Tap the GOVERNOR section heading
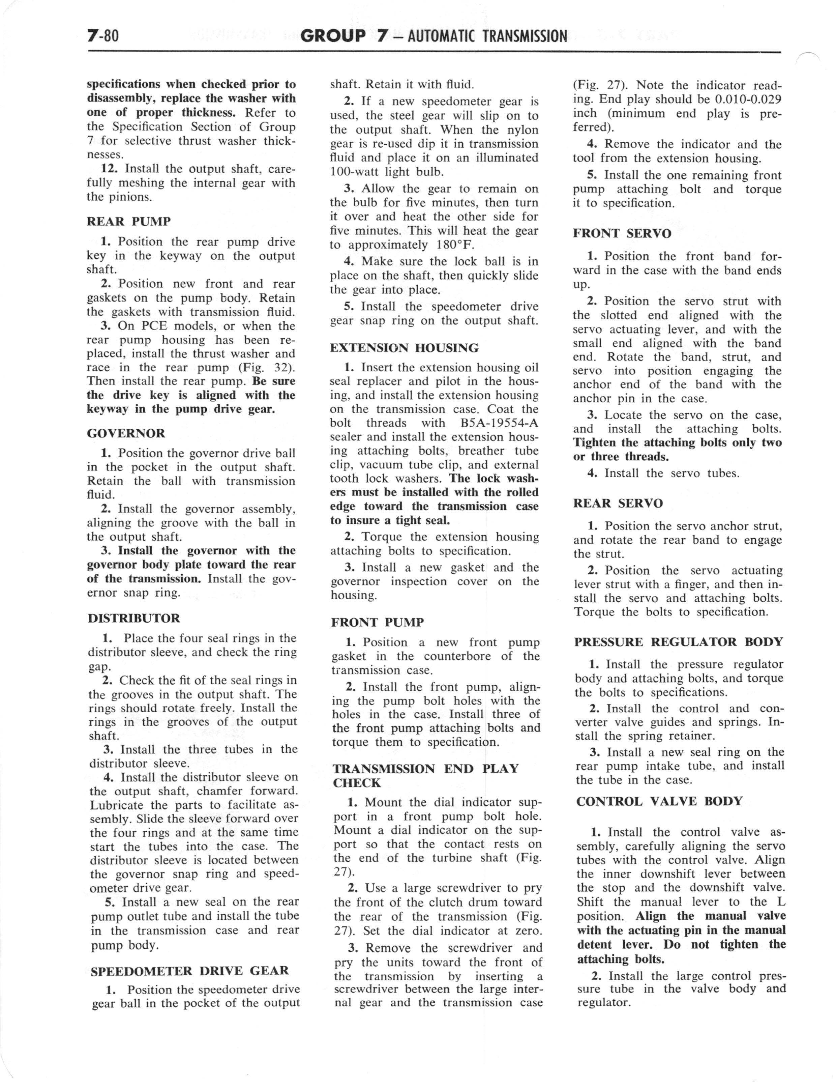[x=126, y=433]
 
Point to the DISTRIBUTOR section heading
[x=134, y=618]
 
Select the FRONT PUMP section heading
[x=378, y=622]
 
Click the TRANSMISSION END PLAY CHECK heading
[x=425, y=775]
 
